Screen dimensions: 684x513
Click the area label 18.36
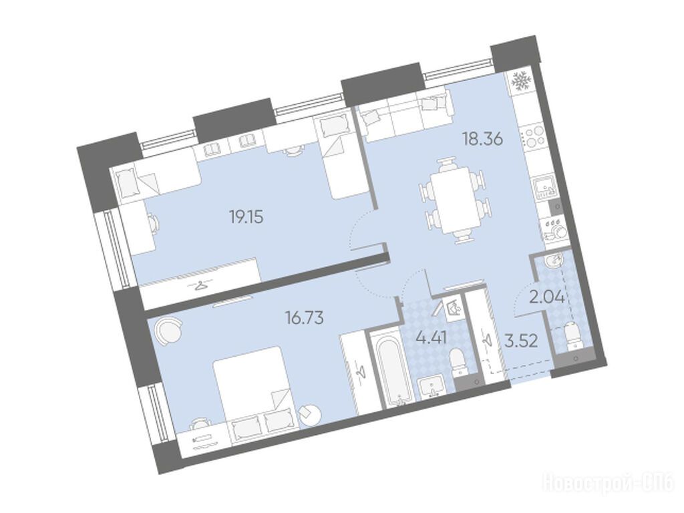(x=483, y=139)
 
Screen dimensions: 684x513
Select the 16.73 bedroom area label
(x=304, y=318)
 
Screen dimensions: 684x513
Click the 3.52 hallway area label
(x=521, y=341)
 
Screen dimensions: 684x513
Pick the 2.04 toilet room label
(x=547, y=298)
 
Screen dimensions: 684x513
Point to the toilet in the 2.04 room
(x=572, y=335)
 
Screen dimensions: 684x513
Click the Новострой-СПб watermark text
(x=608, y=484)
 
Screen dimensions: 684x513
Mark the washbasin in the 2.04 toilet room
(x=553, y=262)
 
